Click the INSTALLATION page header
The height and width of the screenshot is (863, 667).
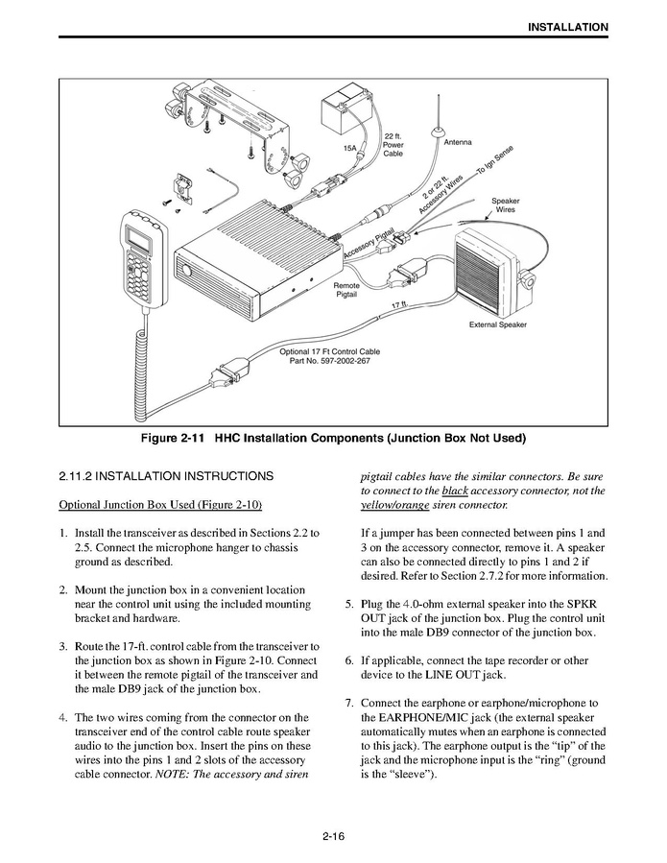coord(567,27)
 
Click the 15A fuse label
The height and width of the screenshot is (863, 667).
coord(350,149)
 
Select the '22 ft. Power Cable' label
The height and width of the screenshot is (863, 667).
coord(393,145)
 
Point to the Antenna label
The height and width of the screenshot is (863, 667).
coord(458,142)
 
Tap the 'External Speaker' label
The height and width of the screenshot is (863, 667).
coord(497,324)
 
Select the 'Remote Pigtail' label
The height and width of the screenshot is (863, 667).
coord(346,290)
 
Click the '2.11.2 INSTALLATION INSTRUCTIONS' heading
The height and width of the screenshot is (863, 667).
coord(166,476)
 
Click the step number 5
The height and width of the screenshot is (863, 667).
coord(349,604)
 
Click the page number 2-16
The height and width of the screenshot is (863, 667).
coord(333,837)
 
